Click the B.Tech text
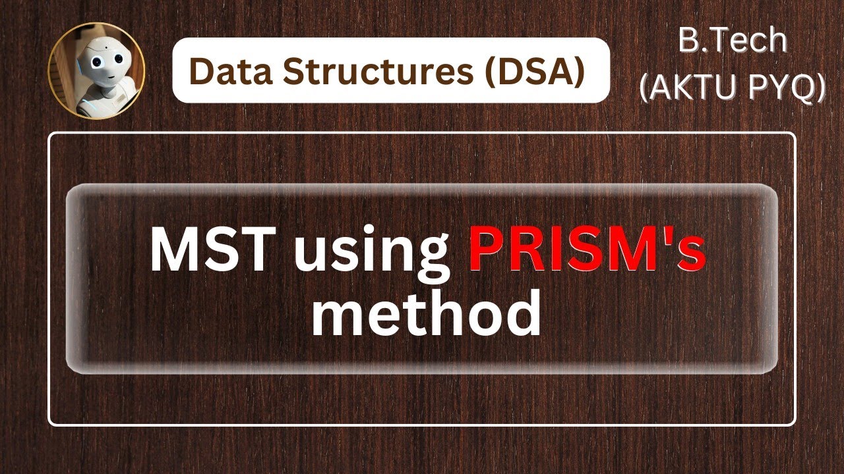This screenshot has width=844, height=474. point(732,41)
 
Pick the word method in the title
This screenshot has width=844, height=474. point(426,316)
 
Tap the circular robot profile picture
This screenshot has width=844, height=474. point(96,70)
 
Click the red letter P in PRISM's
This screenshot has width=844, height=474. point(484,253)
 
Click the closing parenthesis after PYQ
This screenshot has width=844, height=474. point(819,87)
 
